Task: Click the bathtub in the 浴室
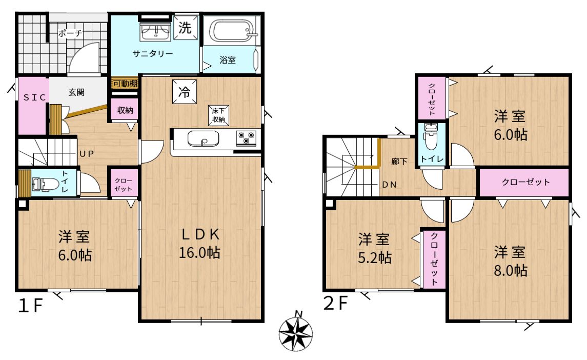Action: pyautogui.click(x=233, y=31)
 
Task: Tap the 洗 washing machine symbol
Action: pyautogui.click(x=185, y=27)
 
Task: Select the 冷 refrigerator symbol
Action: pyautogui.click(x=184, y=91)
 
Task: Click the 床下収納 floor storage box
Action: pyautogui.click(x=218, y=115)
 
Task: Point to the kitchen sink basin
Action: pyautogui.click(x=204, y=138)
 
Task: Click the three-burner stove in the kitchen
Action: pyautogui.click(x=246, y=137)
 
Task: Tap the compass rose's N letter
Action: pyautogui.click(x=298, y=313)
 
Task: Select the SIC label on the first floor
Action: pyautogui.click(x=34, y=97)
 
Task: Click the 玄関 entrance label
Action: pyautogui.click(x=76, y=92)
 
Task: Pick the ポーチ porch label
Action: pyautogui.click(x=70, y=33)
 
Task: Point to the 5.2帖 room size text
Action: pyautogui.click(x=375, y=257)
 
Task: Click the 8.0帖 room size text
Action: pyautogui.click(x=511, y=270)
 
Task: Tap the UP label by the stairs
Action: pyautogui.click(x=87, y=154)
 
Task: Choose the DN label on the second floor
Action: pyautogui.click(x=389, y=185)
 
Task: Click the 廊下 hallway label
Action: pyautogui.click(x=399, y=162)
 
